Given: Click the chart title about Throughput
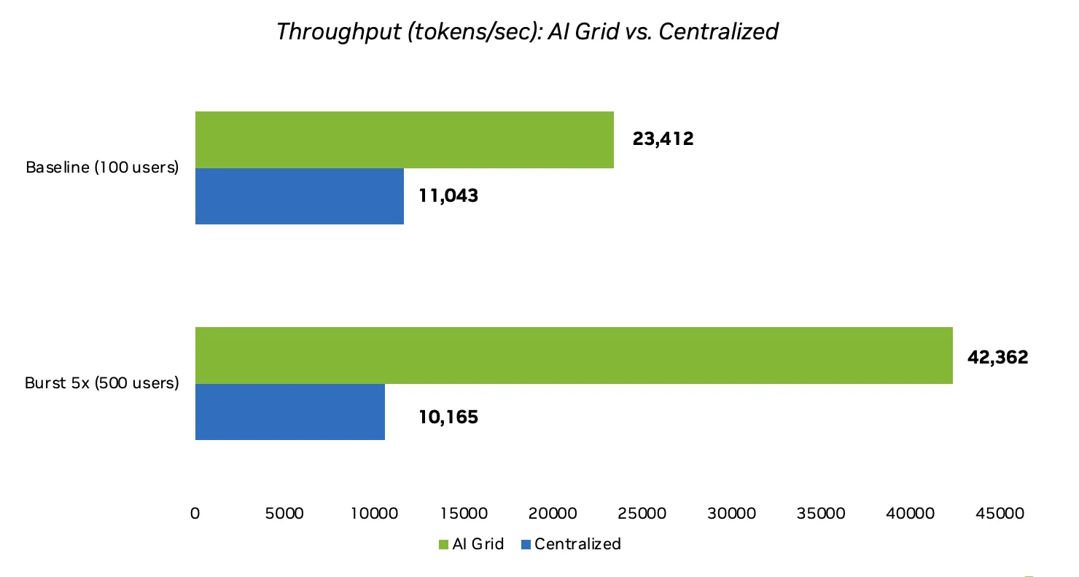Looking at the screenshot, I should [527, 32].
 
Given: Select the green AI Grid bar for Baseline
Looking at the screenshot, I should [404, 140].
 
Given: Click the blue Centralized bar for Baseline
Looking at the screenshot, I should [299, 196].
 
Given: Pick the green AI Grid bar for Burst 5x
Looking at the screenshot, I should [573, 356].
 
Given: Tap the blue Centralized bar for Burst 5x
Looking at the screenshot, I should [289, 412].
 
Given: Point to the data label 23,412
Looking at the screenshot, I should [663, 139].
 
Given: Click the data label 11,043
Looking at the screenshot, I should [448, 195].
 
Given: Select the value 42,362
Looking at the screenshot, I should [997, 358].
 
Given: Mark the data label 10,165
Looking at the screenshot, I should [448, 417].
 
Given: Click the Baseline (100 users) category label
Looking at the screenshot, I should [102, 168].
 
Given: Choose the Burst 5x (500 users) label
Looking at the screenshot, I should [102, 383].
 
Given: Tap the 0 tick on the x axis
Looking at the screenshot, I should [195, 514].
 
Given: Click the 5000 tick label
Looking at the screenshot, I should [284, 514].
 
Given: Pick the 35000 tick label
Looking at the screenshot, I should [821, 514].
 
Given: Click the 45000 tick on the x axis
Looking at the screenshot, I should [1000, 514].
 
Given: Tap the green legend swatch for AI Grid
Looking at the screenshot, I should [443, 544].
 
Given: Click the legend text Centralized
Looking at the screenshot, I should [577, 544].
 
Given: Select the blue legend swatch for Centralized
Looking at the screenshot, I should [526, 544].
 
